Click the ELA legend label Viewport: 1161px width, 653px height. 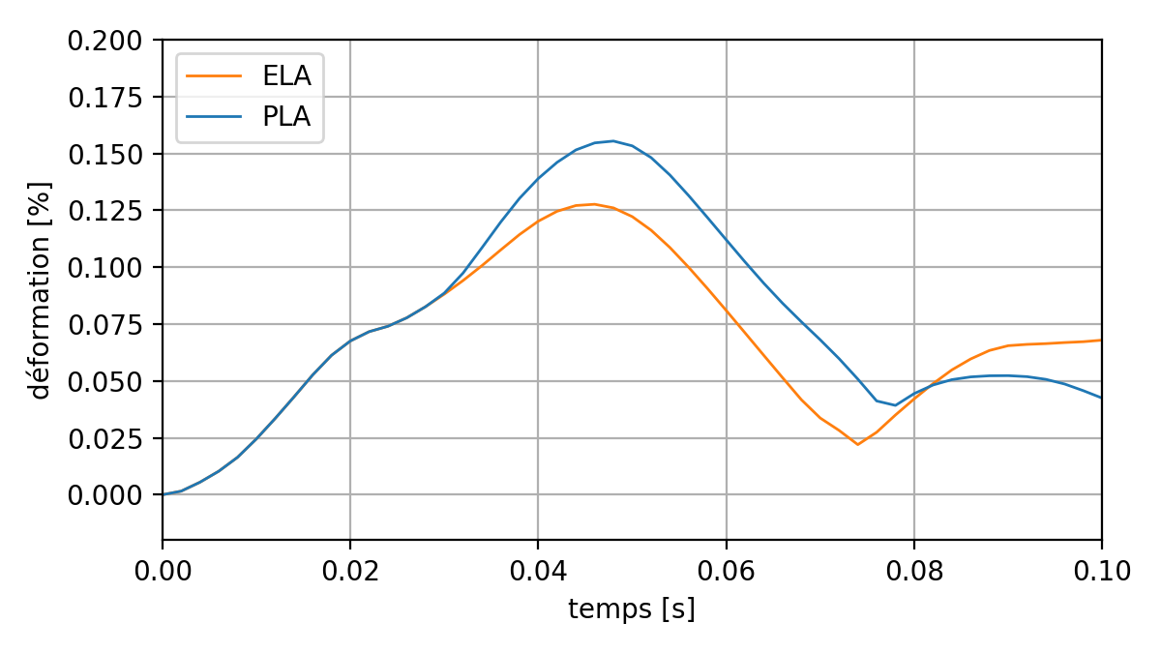286,75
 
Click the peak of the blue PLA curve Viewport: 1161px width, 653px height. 612,141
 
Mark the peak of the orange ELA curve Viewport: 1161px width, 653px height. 594,204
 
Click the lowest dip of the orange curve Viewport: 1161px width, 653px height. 857,444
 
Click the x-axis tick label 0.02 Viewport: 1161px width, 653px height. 350,571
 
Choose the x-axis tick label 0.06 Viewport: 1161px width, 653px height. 726,571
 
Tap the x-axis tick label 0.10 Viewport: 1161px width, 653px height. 1101,571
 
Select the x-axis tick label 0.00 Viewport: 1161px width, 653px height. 163,571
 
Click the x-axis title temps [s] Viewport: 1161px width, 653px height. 632,610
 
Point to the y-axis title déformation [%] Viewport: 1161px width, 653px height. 40,289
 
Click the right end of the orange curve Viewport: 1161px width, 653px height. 1100,341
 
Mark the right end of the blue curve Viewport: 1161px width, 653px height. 1100,398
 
